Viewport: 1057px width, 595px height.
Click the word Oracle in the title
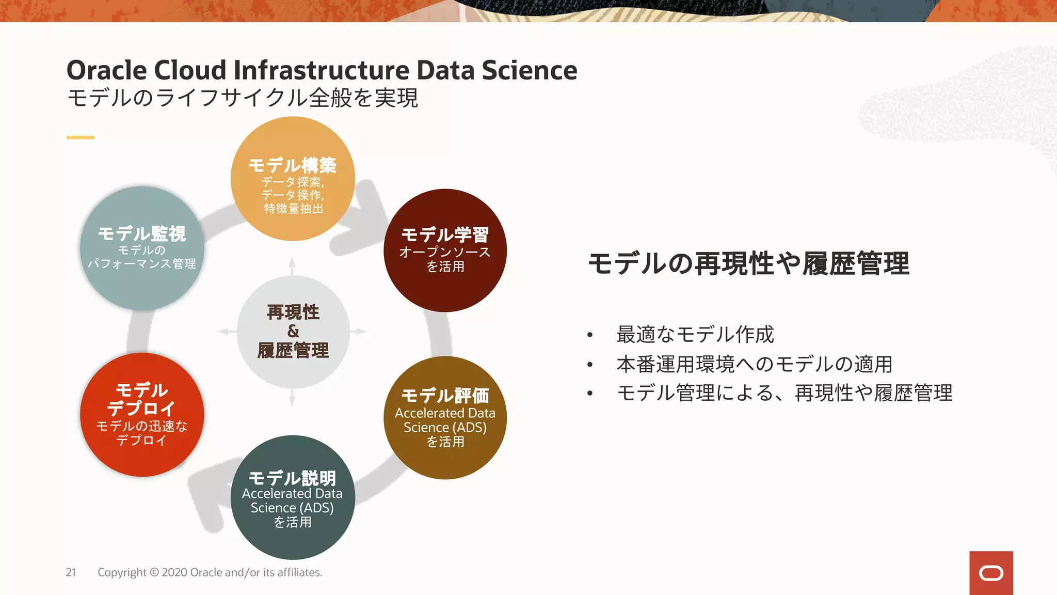[106, 70]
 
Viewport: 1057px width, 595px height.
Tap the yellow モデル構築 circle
[293, 179]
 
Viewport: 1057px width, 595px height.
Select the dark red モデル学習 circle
[445, 250]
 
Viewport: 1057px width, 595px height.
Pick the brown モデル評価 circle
[445, 417]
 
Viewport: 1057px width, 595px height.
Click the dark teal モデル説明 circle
[293, 497]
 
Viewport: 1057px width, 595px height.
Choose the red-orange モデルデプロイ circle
[142, 415]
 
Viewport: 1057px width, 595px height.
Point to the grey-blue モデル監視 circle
[142, 248]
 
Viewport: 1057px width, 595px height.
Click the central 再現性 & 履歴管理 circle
[293, 332]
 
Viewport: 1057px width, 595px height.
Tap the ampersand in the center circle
[293, 331]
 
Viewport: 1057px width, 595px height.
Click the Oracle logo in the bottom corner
[991, 573]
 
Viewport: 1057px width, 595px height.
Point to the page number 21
[71, 572]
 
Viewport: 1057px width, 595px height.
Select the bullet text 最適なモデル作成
[695, 335]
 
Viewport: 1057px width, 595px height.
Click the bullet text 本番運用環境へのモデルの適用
[754, 364]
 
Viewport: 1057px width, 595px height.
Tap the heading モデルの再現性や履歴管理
[748, 263]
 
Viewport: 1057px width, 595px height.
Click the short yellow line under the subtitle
[80, 137]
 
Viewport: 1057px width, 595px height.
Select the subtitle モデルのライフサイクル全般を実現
[243, 98]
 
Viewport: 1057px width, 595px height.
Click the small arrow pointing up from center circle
[292, 265]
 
